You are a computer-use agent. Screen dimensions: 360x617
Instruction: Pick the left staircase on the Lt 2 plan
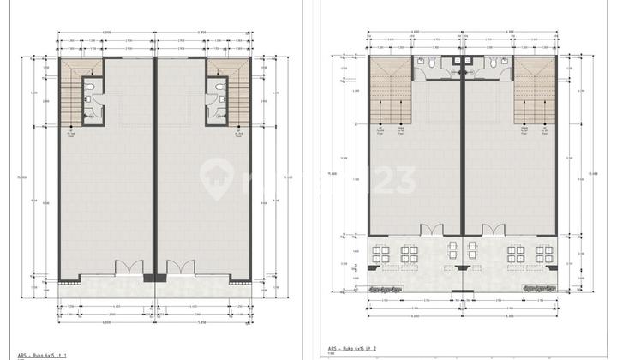pyautogui.click(x=391, y=96)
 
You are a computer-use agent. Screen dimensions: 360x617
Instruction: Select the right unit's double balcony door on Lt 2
pyautogui.click(x=494, y=230)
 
